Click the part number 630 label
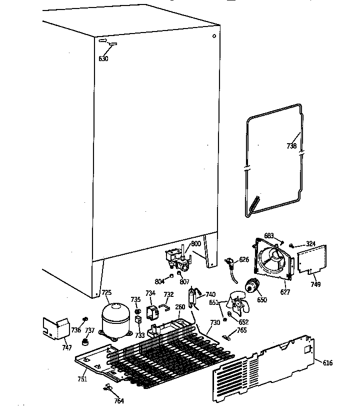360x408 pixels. coord(103,59)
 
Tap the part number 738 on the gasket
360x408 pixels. coord(292,146)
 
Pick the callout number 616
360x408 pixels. coord(327,363)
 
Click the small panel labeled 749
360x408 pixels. coord(312,259)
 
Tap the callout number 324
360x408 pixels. coord(311,244)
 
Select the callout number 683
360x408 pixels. coord(269,235)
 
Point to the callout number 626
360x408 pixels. coord(243,259)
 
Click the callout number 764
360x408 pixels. coord(118,400)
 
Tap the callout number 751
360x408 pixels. coord(82,378)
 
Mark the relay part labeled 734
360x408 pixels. coord(151,313)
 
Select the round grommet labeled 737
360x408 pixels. coord(85,342)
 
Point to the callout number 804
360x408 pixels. coord(159,282)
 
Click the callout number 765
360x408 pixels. coord(241,330)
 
